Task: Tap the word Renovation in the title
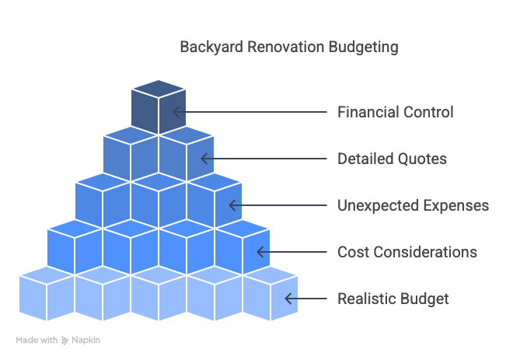285,47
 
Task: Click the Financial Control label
395,112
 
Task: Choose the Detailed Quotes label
392,159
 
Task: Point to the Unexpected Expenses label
414,205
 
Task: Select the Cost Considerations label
407,252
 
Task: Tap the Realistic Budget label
393,299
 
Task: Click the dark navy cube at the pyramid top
159,107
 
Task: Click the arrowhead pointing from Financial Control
176,112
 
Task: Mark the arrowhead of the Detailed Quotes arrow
204,159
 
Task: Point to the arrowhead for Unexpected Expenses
232,205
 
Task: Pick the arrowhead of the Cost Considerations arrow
260,252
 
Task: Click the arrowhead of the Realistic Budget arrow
288,299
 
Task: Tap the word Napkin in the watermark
85,341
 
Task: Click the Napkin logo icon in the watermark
65,341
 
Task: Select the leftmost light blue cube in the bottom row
47,294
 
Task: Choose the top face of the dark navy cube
159,89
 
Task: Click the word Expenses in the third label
456,205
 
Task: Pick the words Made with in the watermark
37,341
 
